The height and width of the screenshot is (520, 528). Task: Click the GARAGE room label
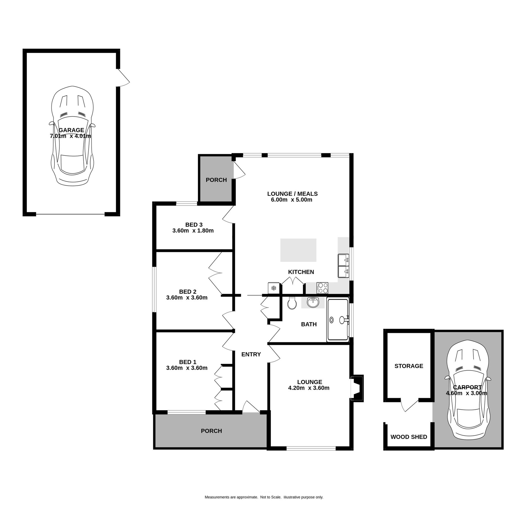[71, 130]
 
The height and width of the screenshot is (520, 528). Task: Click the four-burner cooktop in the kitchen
[322, 288]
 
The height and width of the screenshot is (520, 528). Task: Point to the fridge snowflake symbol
[274, 288]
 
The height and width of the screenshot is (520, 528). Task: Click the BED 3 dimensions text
[193, 231]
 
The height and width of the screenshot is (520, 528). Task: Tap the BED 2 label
[188, 292]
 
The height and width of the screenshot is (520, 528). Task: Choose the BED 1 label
[188, 362]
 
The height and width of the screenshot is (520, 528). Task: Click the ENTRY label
[251, 354]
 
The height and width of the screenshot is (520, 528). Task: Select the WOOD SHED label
[409, 437]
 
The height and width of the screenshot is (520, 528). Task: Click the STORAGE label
[409, 366]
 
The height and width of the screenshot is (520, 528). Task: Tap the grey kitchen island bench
[298, 250]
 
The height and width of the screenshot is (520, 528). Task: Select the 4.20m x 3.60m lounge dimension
[309, 388]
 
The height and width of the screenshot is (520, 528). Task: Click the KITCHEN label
[301, 272]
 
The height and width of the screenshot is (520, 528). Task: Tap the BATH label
[309, 324]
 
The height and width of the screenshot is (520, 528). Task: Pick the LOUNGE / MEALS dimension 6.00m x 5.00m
[292, 200]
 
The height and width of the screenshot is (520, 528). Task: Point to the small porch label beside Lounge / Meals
[216, 180]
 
